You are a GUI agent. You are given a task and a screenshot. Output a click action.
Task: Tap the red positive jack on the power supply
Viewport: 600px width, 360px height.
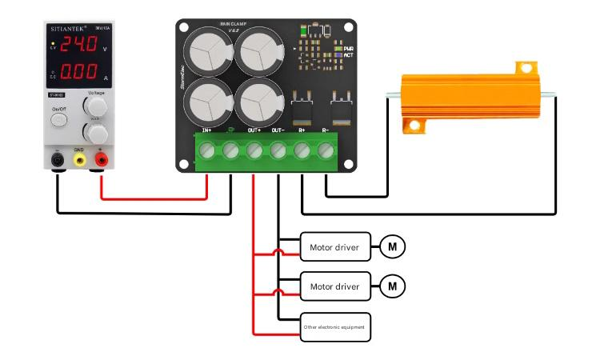pos(102,160)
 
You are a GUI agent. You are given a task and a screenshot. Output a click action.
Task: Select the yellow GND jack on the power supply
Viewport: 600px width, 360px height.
pos(79,160)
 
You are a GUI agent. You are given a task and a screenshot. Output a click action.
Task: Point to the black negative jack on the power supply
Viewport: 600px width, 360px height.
pos(57,160)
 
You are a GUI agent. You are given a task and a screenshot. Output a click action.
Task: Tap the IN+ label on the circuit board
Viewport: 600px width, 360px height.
pos(207,129)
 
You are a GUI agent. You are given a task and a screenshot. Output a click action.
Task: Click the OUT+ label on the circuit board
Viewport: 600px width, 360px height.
pos(254,129)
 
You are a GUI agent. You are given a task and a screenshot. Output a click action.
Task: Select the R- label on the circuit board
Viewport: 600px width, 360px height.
pos(326,129)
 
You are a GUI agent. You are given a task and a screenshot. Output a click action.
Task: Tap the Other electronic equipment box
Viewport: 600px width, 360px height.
pos(335,326)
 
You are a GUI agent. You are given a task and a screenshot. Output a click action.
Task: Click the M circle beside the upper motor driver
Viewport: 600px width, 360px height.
pos(393,247)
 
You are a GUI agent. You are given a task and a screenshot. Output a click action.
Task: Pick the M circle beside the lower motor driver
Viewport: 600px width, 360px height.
pos(393,286)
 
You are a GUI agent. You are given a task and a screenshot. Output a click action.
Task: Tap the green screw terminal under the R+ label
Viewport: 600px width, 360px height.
pos(302,150)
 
